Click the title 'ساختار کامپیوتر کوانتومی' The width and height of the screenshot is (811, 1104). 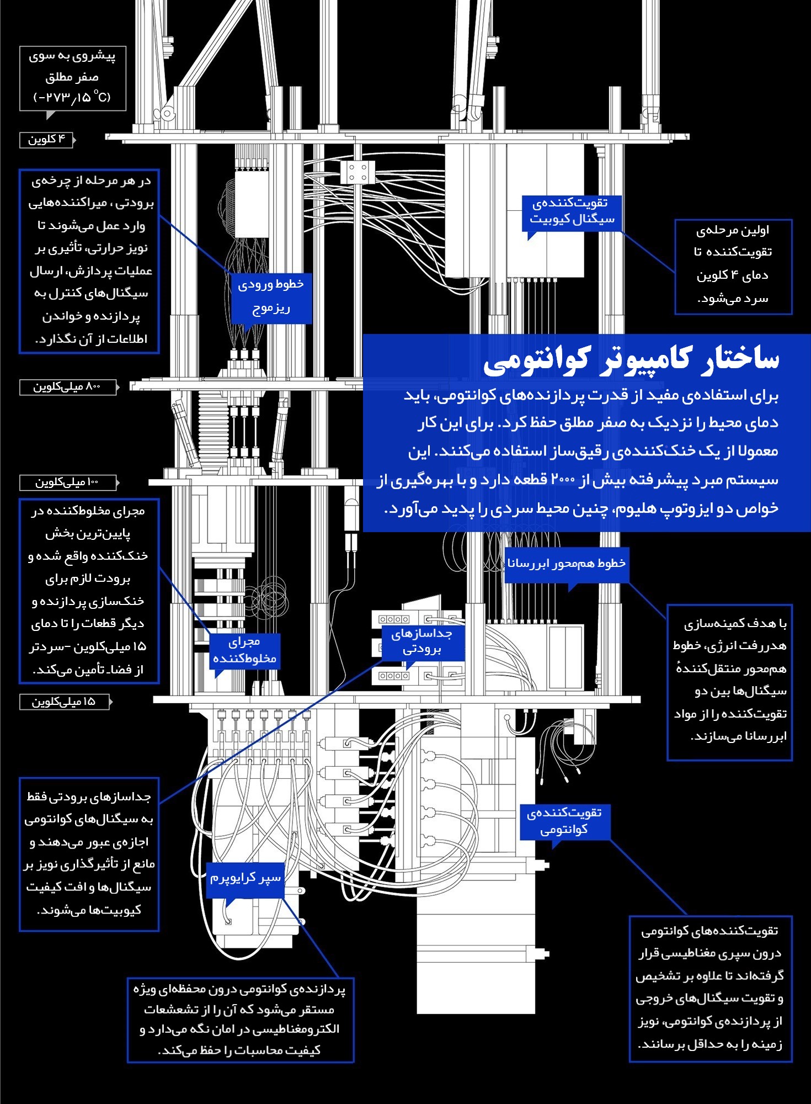click(631, 360)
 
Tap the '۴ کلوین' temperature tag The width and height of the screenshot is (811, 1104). click(47, 140)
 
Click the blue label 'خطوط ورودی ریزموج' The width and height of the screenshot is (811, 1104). click(271, 296)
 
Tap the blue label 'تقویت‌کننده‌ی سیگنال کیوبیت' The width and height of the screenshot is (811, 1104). click(572, 212)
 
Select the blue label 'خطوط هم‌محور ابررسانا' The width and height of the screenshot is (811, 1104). click(567, 564)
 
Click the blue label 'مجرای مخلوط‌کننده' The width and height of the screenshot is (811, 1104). click(244, 651)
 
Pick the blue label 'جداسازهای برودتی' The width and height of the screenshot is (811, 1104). click(423, 642)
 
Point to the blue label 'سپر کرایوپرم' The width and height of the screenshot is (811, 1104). click(246, 878)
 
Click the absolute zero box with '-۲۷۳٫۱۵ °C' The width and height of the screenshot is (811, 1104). click(73, 78)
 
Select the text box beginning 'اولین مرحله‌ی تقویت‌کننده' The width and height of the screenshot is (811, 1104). click(733, 267)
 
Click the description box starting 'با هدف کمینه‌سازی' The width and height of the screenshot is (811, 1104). click(729, 682)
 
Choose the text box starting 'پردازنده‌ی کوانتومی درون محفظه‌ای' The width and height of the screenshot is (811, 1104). click(241, 1020)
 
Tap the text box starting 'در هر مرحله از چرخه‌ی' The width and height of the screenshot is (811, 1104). click(89, 261)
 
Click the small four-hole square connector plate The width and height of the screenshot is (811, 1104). click(358, 172)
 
